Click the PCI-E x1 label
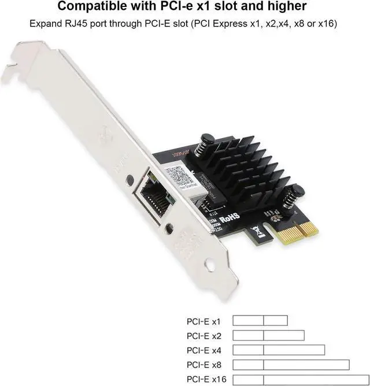(203, 320)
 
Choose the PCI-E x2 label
(203, 335)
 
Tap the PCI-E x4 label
(203, 350)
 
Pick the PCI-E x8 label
(203, 365)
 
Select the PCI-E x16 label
(205, 379)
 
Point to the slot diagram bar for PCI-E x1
(260, 320)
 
